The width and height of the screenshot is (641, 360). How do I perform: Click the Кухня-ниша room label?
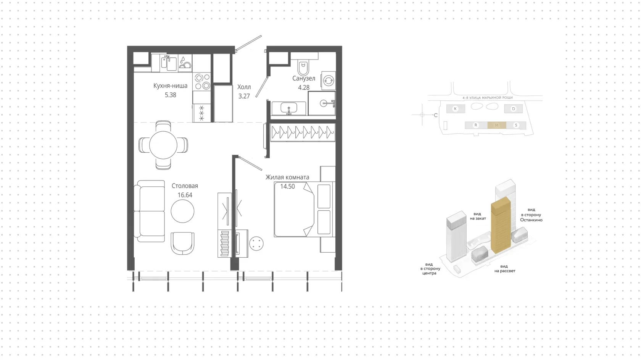tap(170, 86)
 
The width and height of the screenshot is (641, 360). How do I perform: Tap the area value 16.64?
tap(185, 195)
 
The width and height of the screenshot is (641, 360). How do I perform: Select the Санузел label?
tap(304, 79)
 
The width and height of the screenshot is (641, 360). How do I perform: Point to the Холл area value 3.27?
tap(244, 96)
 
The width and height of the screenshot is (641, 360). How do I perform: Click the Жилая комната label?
tap(287, 177)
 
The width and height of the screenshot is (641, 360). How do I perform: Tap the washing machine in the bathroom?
tap(329, 81)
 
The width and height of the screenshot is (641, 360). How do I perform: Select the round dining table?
tap(163, 145)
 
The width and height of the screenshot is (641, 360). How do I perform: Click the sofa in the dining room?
tap(150, 211)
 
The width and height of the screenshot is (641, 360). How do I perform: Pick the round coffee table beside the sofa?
tap(182, 211)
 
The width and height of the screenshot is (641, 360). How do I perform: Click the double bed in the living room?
tap(304, 209)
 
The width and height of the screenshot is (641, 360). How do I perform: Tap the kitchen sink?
tap(169, 63)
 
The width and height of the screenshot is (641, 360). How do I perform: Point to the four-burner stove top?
tap(202, 82)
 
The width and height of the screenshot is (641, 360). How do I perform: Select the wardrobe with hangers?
tap(303, 132)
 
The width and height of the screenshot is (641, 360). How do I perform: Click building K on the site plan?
tap(456, 108)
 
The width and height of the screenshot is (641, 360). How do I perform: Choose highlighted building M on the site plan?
tap(496, 125)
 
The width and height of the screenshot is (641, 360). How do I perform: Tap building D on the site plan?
tap(514, 108)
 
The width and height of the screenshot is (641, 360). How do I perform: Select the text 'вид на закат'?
tap(478, 216)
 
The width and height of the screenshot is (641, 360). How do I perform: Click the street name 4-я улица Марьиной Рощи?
tap(488, 98)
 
